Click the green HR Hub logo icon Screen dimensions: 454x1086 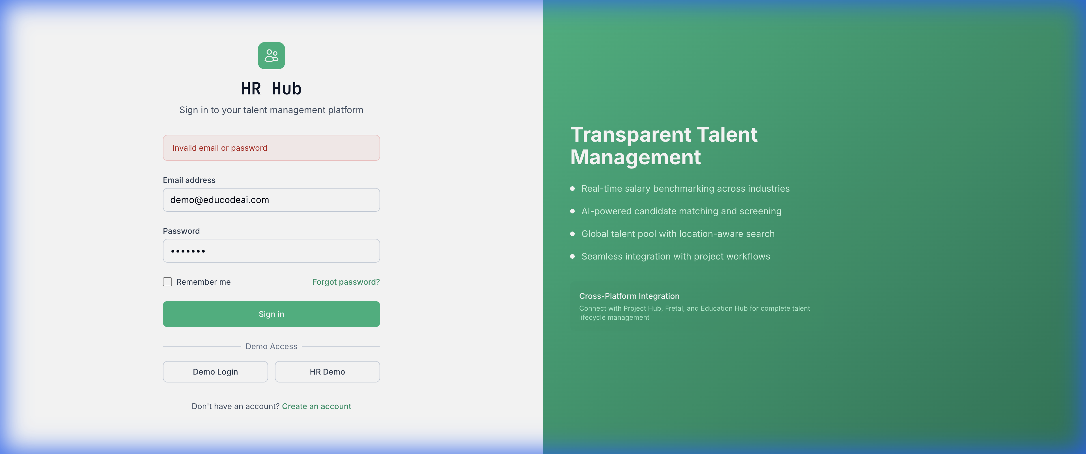[271, 56]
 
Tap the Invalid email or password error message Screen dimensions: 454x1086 [220, 148]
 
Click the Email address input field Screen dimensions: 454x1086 [271, 200]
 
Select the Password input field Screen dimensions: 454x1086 [271, 251]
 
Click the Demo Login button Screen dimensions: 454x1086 [215, 372]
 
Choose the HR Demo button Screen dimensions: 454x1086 [327, 372]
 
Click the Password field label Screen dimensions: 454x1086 [181, 231]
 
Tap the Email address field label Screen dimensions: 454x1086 [189, 180]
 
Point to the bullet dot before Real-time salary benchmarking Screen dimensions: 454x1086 [572, 189]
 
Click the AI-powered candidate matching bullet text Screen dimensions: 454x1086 [681, 211]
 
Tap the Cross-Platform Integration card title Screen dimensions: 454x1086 [629, 296]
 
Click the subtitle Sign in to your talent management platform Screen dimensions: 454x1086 [271, 110]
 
